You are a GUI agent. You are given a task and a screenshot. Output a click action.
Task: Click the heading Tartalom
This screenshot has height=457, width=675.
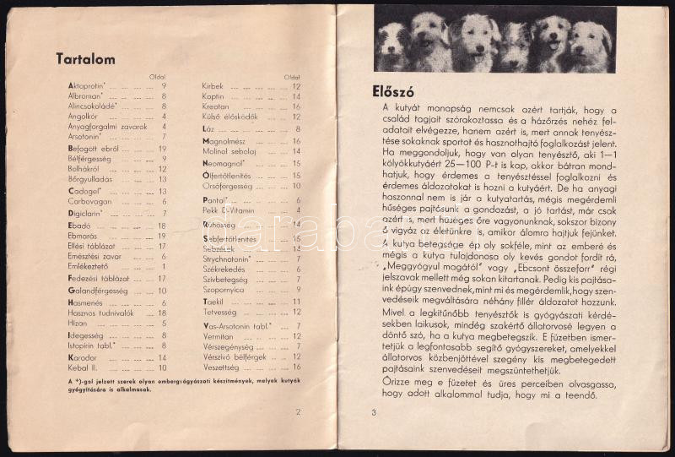click(85, 59)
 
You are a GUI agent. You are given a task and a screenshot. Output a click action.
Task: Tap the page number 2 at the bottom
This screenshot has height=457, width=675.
click(298, 412)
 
